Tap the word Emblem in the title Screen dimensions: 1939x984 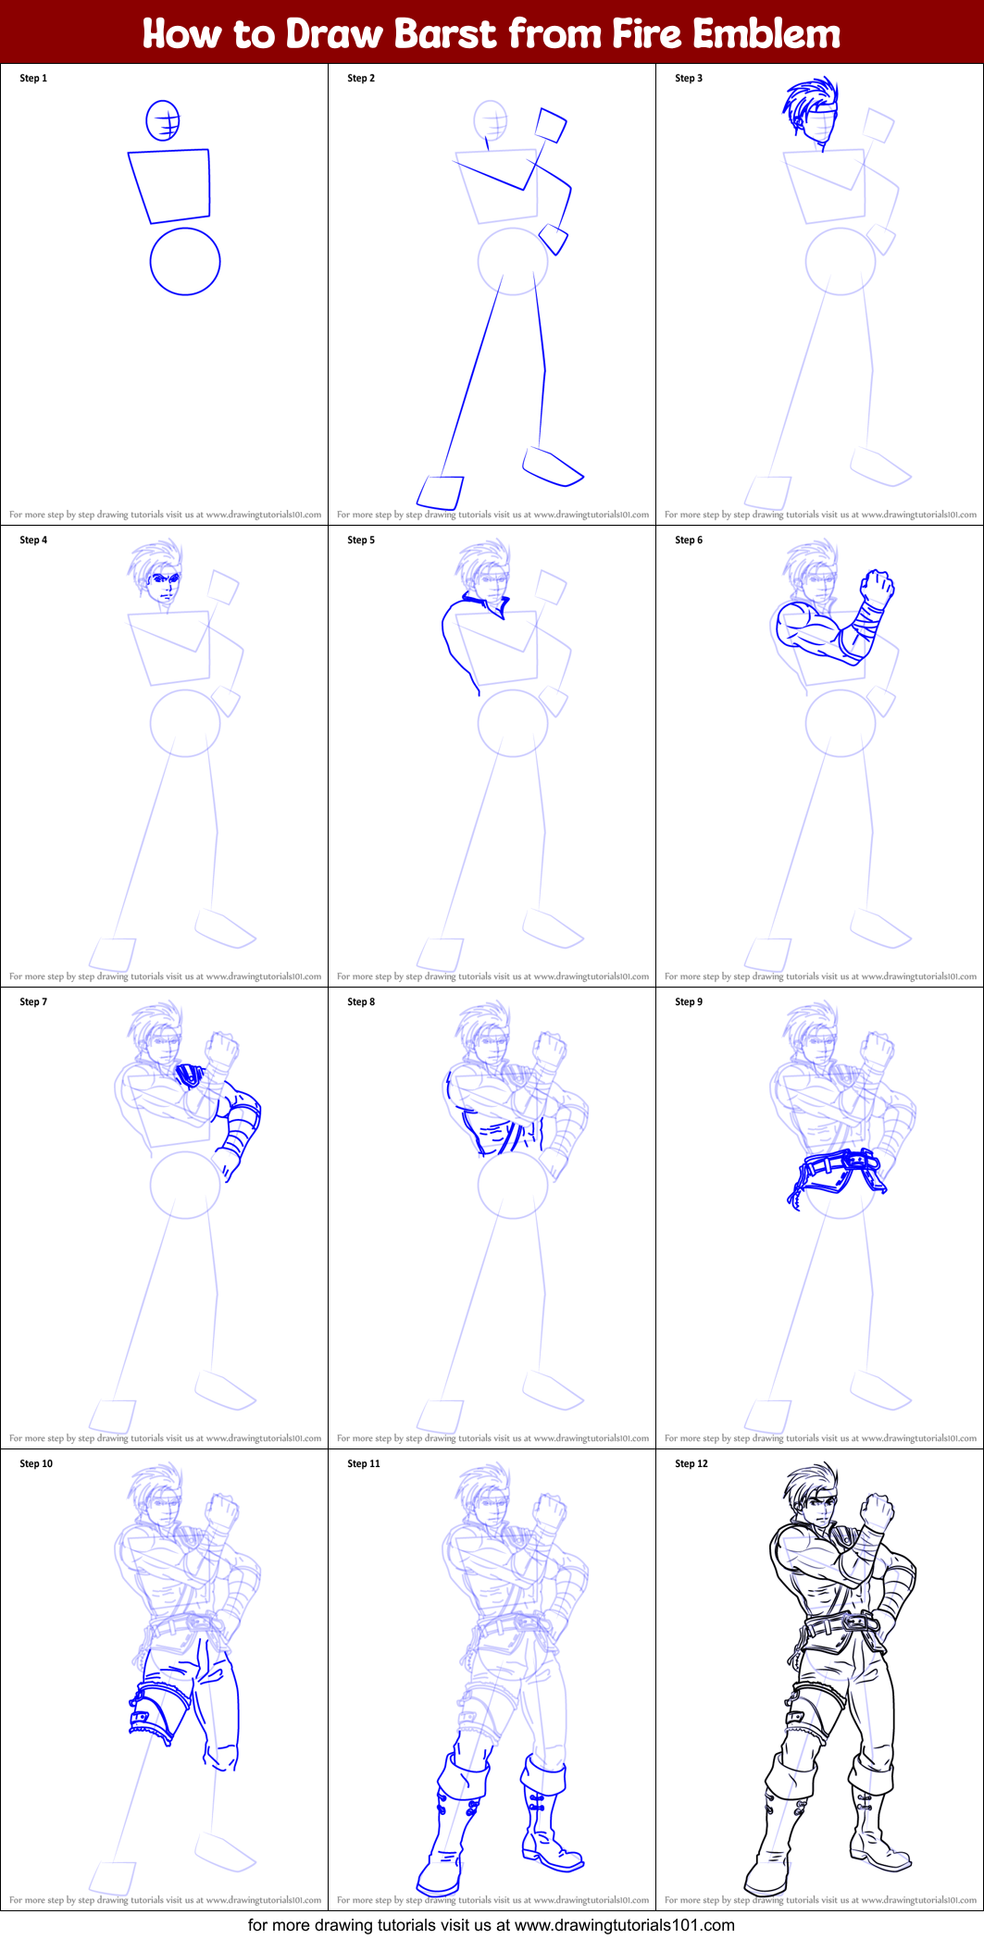(x=766, y=34)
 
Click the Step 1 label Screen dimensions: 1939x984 (x=33, y=79)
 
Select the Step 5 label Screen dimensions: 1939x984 (x=361, y=541)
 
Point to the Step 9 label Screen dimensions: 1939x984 (x=689, y=1002)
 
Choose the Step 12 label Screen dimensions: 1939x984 (x=691, y=1464)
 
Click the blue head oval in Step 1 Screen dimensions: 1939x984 (x=163, y=120)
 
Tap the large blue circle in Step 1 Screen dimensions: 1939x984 (x=185, y=262)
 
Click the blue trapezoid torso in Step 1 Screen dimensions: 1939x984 (x=172, y=185)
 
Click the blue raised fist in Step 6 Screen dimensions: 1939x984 (x=877, y=589)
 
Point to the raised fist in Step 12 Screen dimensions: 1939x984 (x=876, y=1512)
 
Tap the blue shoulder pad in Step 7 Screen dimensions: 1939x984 (x=190, y=1075)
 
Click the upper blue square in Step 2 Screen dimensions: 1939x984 (x=552, y=125)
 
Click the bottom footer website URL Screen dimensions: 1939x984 (x=624, y=1925)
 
